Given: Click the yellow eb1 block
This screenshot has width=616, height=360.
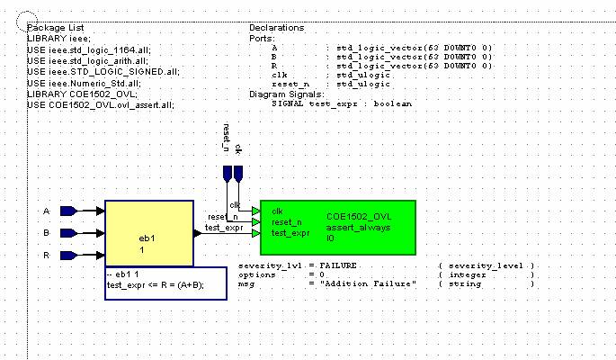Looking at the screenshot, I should pyautogui.click(x=149, y=233).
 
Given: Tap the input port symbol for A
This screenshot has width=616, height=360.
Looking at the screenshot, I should pyautogui.click(x=68, y=211).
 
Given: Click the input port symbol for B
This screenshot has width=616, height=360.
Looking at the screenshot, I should pyautogui.click(x=68, y=232).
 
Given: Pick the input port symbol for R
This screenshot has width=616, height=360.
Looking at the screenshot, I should pyautogui.click(x=68, y=255).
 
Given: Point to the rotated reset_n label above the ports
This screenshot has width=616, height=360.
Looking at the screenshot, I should pyautogui.click(x=227, y=139).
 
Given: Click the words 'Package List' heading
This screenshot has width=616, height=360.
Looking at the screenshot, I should pyautogui.click(x=55, y=28).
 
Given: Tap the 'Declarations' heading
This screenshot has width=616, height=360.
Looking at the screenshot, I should pyautogui.click(x=276, y=28).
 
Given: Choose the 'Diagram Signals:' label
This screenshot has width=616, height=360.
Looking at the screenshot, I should pyautogui.click(x=287, y=94).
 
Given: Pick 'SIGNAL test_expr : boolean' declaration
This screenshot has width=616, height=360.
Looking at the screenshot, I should pyautogui.click(x=341, y=104).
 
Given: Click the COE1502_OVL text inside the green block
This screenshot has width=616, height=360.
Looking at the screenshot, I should pyautogui.click(x=358, y=217).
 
